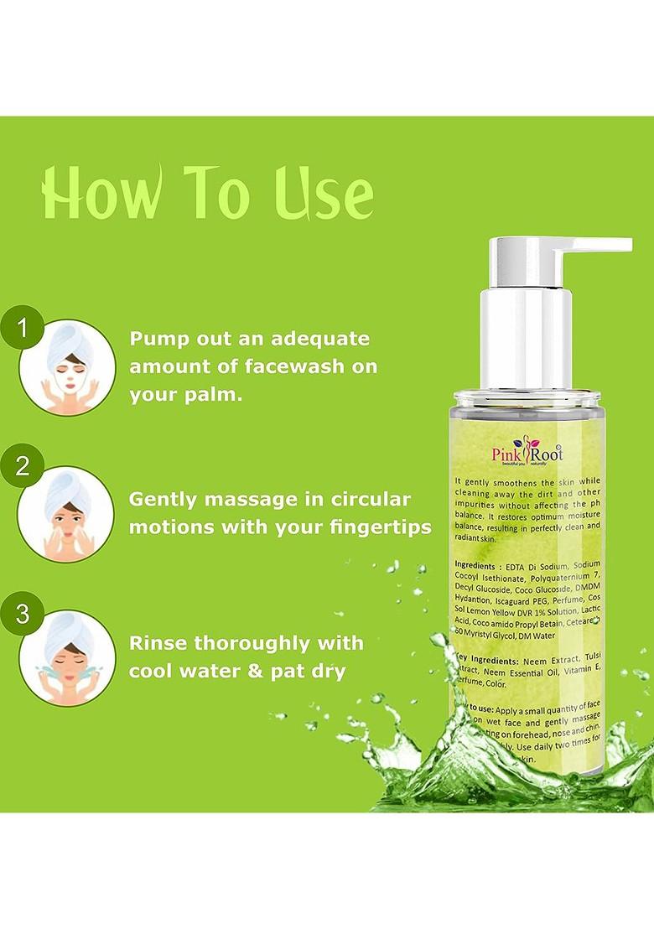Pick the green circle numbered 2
click(23, 466)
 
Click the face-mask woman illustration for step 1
click(67, 367)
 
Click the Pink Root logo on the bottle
click(527, 454)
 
